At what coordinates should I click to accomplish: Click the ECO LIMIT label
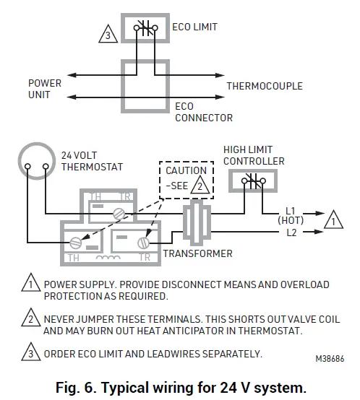(x=195, y=27)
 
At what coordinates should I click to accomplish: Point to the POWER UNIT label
(x=45, y=89)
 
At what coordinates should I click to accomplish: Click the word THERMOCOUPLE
(x=265, y=86)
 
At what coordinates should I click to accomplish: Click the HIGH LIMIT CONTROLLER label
(x=253, y=155)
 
